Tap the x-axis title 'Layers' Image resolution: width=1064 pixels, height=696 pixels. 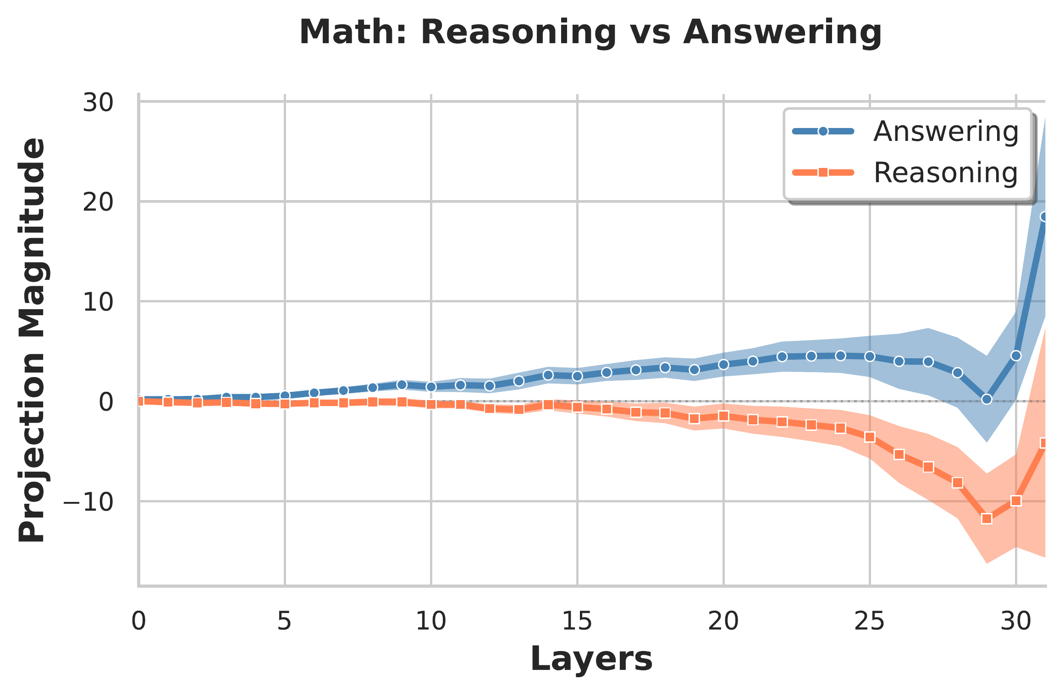pos(591,659)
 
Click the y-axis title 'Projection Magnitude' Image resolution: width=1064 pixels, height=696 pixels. pos(32,340)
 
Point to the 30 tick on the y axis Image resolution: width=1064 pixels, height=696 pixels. pos(98,102)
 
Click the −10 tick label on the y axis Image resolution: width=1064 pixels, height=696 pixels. pos(88,502)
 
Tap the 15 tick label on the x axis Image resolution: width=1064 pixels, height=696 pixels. pos(577,622)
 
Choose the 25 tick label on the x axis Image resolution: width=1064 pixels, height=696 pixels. pos(870,622)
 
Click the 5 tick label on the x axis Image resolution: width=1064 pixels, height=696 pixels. pos(285,622)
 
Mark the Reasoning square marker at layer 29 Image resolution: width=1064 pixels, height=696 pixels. pos(987,519)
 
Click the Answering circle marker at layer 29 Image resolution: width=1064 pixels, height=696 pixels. pos(987,400)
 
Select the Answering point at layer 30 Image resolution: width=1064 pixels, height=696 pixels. pos(1016,356)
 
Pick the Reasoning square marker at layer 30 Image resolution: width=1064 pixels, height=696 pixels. pos(1016,501)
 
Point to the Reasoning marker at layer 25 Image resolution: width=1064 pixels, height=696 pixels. pos(870,437)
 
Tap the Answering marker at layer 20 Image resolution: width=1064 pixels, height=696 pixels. pos(723,364)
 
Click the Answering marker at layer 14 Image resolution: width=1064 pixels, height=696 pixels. pos(548,375)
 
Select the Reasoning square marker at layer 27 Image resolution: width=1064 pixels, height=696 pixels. pos(928,467)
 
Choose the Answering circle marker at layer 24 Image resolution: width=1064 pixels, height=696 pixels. pos(841,356)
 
